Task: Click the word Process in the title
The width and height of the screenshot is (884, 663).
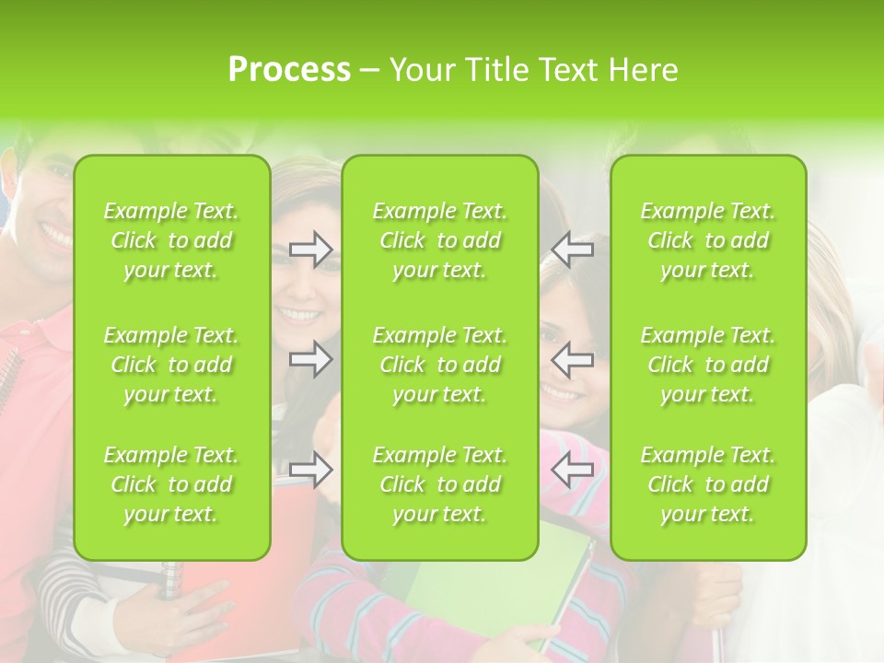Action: pos(289,70)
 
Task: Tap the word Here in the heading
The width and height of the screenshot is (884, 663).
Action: pos(642,70)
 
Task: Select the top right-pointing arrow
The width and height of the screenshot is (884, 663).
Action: pos(310,250)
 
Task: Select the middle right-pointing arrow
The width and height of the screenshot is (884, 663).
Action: pos(310,359)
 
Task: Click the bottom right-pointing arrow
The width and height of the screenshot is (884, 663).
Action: pos(310,470)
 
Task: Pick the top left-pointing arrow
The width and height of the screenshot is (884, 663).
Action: pos(573,250)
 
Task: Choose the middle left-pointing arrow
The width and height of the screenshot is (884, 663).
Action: pos(573,359)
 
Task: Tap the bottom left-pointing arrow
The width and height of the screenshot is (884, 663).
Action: pos(573,470)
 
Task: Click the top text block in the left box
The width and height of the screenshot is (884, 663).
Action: pos(171,240)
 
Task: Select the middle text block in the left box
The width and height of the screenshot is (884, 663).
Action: pos(171,365)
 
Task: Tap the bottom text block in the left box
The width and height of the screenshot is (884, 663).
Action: pos(171,484)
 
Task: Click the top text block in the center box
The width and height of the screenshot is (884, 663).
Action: pos(440,240)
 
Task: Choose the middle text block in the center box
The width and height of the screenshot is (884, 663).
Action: pos(440,365)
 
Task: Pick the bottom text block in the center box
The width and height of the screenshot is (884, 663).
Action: pos(440,484)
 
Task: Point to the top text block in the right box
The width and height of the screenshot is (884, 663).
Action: pos(708,240)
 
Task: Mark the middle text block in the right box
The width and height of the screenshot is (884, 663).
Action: pos(708,365)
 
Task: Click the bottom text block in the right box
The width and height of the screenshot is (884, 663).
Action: pos(708,484)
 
